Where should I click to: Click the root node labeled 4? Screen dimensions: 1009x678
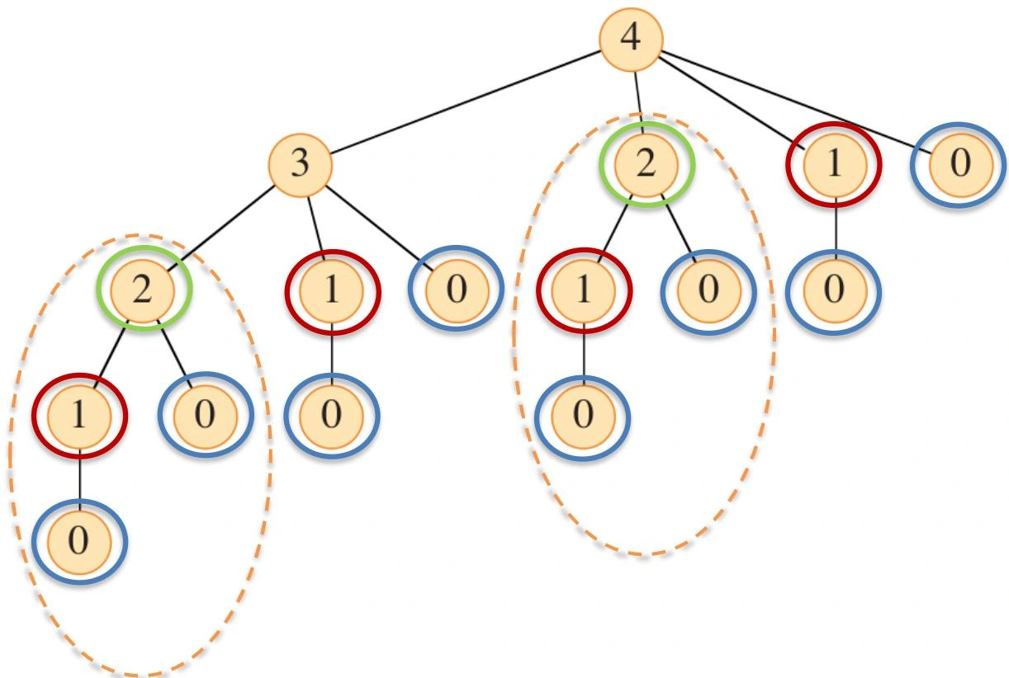coord(631,39)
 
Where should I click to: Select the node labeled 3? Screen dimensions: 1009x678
coord(301,165)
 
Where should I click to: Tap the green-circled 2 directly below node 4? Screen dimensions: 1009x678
coord(647,165)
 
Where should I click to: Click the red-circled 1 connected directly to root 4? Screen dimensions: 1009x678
coord(834,165)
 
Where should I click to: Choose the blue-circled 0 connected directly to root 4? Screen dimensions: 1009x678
coord(960,165)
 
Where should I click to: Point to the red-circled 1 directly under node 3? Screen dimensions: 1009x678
coord(332,291)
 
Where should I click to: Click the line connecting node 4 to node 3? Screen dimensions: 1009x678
coord(466,102)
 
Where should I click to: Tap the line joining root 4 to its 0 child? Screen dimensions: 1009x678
coord(798,103)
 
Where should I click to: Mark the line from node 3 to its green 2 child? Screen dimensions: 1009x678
coord(220,228)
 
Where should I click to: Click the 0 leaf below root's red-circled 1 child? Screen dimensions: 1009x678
coord(834,291)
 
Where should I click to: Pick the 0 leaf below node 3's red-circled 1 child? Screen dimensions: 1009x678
coord(332,417)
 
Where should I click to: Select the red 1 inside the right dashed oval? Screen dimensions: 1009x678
coord(584,290)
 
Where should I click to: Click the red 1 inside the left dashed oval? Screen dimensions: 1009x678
coord(79,417)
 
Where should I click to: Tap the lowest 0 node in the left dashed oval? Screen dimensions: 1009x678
coord(79,542)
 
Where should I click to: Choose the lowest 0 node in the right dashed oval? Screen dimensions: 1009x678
coord(583,417)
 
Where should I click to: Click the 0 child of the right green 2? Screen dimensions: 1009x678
coord(708,291)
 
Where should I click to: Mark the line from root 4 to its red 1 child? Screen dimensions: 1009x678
coord(732,103)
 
